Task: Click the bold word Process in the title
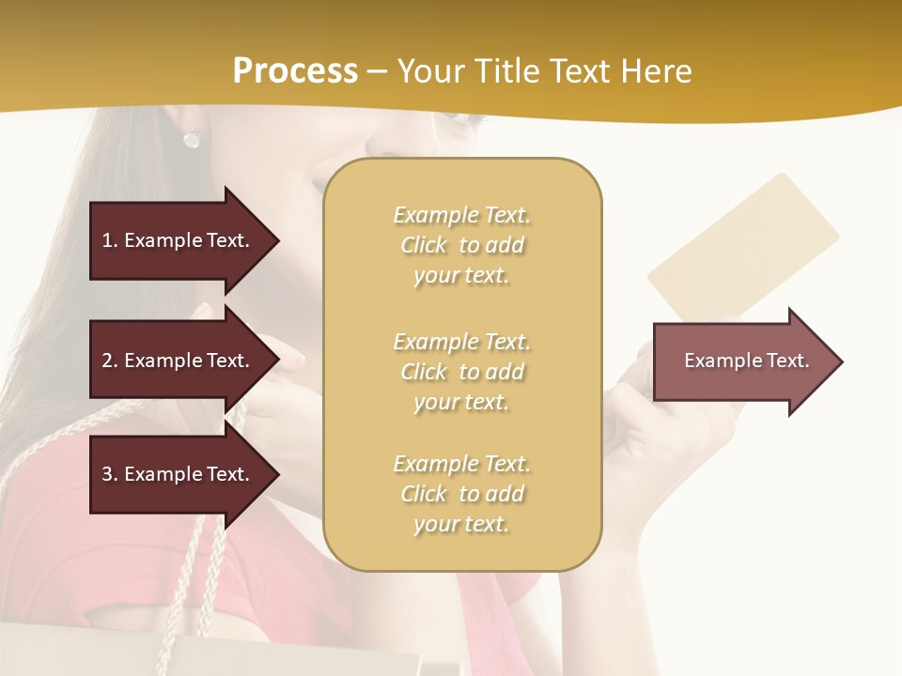pyautogui.click(x=295, y=71)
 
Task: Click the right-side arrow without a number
pyautogui.click(x=742, y=361)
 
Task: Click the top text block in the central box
pyautogui.click(x=461, y=245)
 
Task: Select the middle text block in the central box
pyautogui.click(x=461, y=372)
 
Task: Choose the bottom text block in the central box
pyautogui.click(x=461, y=494)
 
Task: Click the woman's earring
pyautogui.click(x=192, y=139)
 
